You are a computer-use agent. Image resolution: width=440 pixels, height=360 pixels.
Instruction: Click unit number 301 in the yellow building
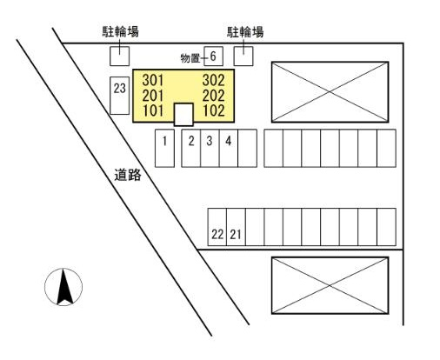click(x=153, y=80)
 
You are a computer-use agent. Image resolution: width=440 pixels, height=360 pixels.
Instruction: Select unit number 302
click(x=214, y=80)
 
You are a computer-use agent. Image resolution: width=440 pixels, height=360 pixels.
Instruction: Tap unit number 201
click(x=153, y=96)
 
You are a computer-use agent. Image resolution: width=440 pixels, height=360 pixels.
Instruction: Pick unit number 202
click(x=214, y=96)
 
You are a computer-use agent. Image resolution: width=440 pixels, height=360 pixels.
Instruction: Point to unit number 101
click(x=153, y=110)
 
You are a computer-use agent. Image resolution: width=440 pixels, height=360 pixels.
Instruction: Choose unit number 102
click(x=214, y=110)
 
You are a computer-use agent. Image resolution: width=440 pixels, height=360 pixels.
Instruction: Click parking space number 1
click(x=164, y=148)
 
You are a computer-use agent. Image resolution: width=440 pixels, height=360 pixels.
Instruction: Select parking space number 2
click(x=190, y=148)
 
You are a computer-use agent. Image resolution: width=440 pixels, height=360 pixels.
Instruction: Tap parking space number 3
click(x=210, y=148)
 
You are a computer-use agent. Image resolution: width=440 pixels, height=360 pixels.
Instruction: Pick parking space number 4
click(x=229, y=148)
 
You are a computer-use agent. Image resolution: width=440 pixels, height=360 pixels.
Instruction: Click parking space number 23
click(x=119, y=96)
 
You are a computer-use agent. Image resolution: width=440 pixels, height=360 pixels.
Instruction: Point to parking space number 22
click(x=217, y=227)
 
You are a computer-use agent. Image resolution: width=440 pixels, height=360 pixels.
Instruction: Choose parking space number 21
click(x=236, y=227)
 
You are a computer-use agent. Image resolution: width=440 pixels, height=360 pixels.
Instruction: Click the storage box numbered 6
click(x=213, y=57)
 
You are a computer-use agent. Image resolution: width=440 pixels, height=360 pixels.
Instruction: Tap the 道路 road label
click(x=128, y=175)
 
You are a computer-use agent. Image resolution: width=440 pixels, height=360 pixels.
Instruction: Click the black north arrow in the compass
click(x=64, y=286)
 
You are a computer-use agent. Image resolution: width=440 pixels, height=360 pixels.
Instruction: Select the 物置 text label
click(x=190, y=58)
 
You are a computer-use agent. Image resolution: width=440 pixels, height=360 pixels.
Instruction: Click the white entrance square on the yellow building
click(x=183, y=115)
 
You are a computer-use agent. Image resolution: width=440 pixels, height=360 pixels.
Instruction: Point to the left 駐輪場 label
click(x=120, y=31)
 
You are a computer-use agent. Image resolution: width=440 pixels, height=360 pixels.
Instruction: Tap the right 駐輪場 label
click(x=245, y=31)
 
